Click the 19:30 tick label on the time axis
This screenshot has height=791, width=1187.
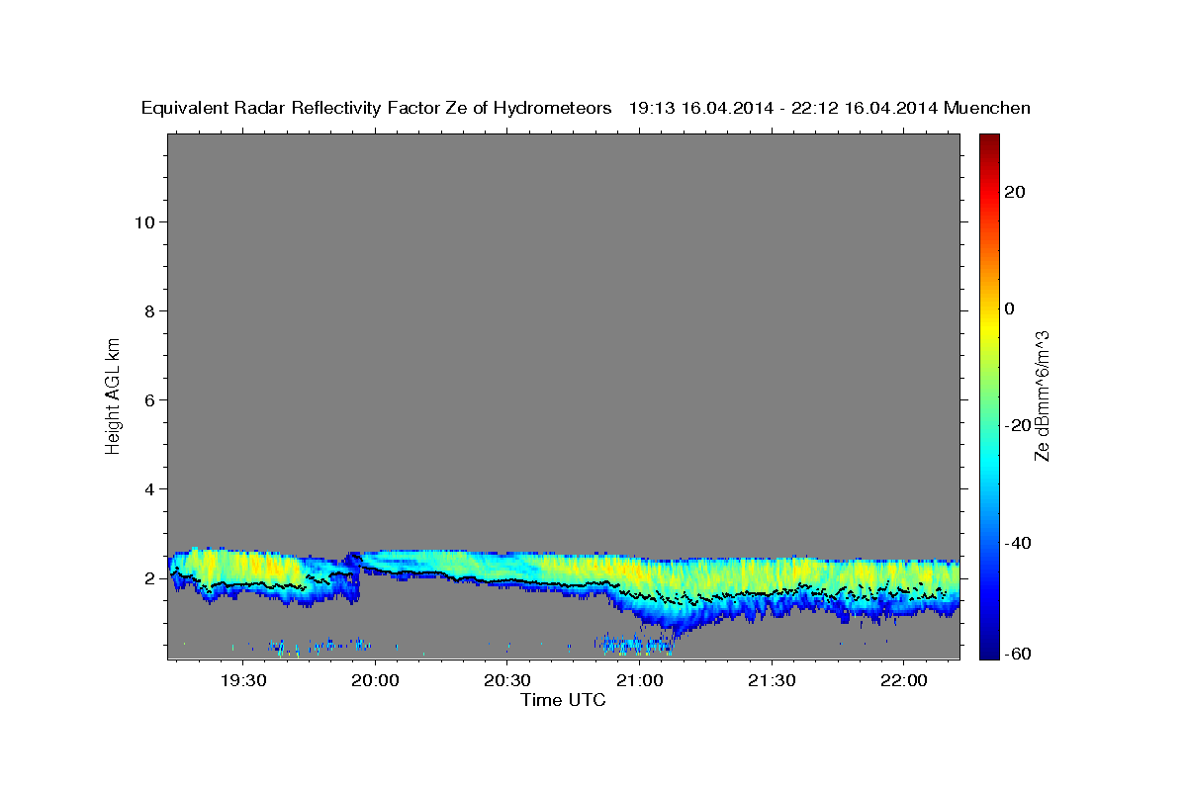(x=243, y=680)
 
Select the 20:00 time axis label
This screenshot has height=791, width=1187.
(x=375, y=680)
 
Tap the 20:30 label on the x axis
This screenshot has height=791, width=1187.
(x=507, y=680)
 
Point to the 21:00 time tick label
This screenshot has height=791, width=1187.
(x=639, y=680)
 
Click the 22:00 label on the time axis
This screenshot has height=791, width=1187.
(x=903, y=680)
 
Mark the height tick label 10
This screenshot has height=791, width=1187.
(x=143, y=221)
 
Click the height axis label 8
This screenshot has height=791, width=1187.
(x=148, y=310)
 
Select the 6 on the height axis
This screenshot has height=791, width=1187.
(x=148, y=399)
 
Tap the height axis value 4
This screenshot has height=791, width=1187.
(x=148, y=488)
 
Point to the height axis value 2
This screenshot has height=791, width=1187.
(x=148, y=577)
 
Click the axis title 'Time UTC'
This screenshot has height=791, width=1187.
(x=563, y=700)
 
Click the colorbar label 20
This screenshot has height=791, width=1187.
(x=1016, y=192)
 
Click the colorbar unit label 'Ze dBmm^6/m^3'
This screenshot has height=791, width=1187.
(x=1042, y=395)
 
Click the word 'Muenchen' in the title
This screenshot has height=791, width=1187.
(x=987, y=108)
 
